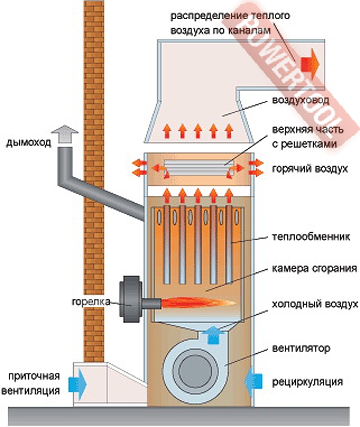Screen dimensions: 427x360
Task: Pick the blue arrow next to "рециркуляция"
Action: click(x=255, y=380)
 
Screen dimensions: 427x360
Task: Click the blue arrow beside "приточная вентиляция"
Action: click(x=78, y=381)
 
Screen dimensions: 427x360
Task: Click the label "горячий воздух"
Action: click(x=309, y=169)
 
